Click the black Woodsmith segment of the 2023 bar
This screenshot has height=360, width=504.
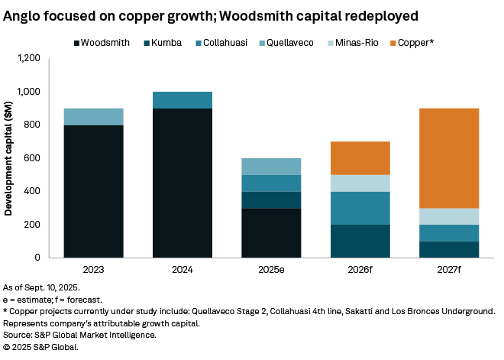pyautogui.click(x=94, y=191)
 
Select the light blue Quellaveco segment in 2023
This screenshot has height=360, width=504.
pyautogui.click(x=94, y=116)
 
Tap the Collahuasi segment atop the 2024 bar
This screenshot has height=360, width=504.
pyautogui.click(x=183, y=100)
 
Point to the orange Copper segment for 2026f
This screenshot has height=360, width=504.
pyautogui.click(x=360, y=158)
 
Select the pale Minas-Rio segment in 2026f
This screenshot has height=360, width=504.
pyautogui.click(x=360, y=183)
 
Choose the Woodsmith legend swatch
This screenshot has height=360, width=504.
pyautogui.click(x=78, y=44)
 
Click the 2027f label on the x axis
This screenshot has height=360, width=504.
pyautogui.click(x=449, y=270)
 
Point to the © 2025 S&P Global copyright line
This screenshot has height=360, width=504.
pyautogui.click(x=41, y=346)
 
